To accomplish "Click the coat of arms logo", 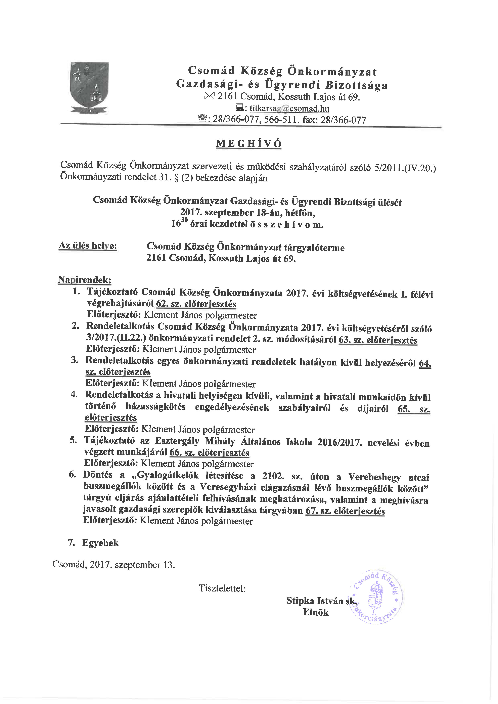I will click(x=90, y=88).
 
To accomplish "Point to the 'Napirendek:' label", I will click(x=84, y=280).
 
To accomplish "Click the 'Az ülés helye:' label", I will click(x=88, y=246).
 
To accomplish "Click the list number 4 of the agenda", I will click(x=74, y=394).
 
